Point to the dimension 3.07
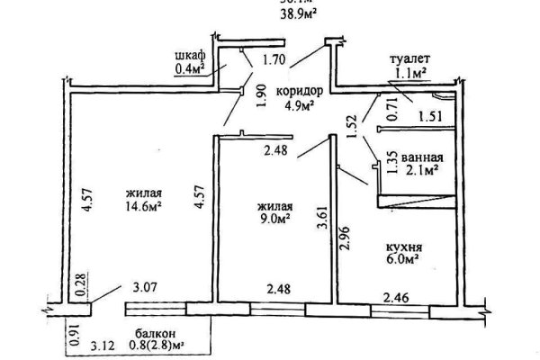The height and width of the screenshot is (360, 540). click(x=145, y=289)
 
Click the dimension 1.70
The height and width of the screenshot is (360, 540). click(x=274, y=61)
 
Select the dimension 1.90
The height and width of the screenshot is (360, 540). click(x=259, y=96)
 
